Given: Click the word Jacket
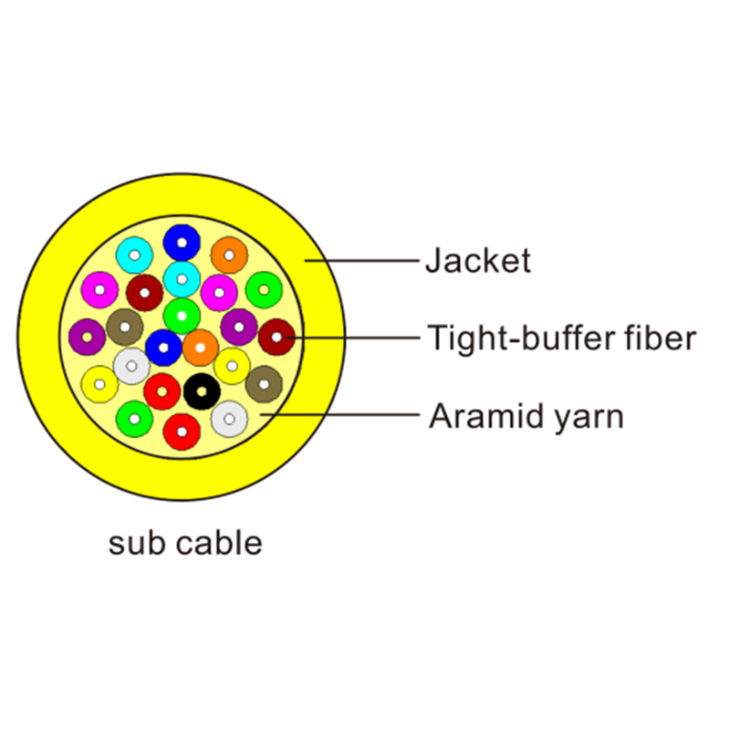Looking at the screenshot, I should point(477,261).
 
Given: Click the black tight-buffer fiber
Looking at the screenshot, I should point(201,392).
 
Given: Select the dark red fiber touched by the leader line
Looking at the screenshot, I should point(276,338).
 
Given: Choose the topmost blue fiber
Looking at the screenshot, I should point(182,243).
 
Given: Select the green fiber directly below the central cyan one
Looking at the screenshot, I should point(182,316).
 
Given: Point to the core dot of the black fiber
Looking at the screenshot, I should point(201,392).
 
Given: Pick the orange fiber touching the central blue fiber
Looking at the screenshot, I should point(200,348).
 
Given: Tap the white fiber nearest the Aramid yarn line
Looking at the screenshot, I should point(229,419).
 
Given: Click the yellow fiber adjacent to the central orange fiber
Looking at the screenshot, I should point(232,366).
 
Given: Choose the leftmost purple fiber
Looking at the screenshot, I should point(87,337).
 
